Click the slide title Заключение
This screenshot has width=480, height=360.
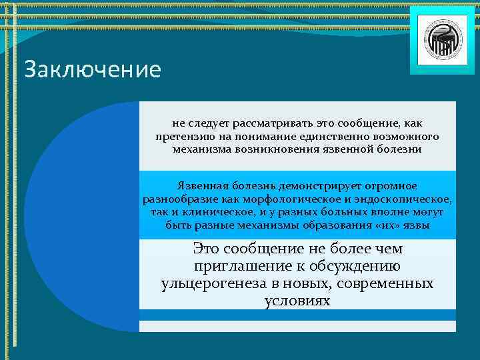tap(92, 70)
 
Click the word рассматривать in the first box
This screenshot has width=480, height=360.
tap(263, 123)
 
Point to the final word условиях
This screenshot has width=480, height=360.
tap(297, 301)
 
